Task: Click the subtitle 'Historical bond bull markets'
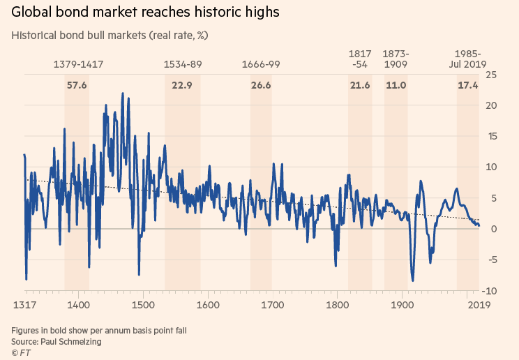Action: coord(110,35)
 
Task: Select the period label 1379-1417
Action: coord(78,64)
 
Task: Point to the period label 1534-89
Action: coord(183,64)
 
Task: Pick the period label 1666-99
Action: coord(261,64)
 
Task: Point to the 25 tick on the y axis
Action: coord(491,75)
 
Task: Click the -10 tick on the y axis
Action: coord(490,291)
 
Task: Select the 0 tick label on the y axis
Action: coord(493,229)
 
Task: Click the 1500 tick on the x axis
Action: coord(142,305)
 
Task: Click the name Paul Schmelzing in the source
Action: coord(75,341)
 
